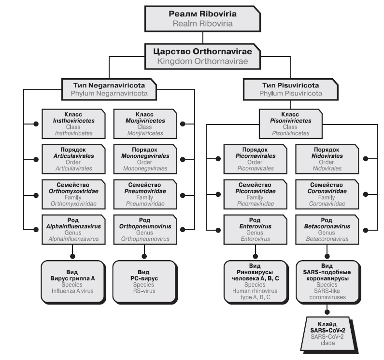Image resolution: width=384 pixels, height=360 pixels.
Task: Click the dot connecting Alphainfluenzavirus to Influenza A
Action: [x=72, y=255]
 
